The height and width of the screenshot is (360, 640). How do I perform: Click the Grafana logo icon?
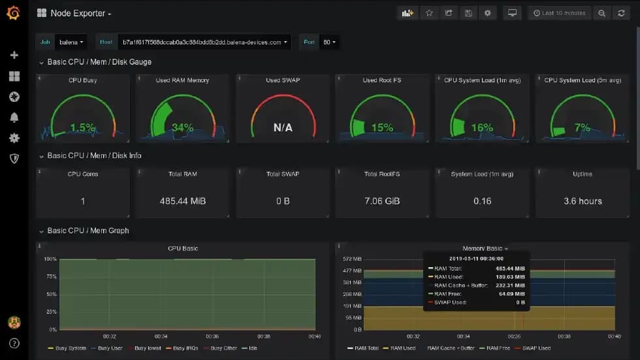click(13, 13)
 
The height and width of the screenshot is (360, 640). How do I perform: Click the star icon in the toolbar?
click(429, 13)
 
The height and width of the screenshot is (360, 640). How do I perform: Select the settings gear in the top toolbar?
click(487, 13)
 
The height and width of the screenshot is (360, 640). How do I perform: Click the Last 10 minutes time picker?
click(559, 13)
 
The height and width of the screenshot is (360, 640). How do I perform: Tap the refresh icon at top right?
click(621, 13)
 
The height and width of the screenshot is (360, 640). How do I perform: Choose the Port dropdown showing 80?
click(329, 42)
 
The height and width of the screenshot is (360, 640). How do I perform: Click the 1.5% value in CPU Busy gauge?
click(83, 127)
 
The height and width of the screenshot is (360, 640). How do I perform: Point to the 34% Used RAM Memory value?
click(183, 127)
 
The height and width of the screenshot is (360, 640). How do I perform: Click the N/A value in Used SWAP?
click(283, 128)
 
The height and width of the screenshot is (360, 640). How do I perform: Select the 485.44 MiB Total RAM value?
click(183, 201)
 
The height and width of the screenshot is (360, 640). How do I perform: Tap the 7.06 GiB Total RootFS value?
click(382, 201)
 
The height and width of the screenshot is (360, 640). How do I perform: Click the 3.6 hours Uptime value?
click(583, 201)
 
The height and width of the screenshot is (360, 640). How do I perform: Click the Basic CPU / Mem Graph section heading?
click(88, 231)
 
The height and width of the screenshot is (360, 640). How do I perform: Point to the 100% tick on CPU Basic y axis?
click(50, 259)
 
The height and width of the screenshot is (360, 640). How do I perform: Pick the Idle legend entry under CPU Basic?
click(252, 348)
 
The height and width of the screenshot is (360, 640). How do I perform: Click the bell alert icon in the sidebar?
click(14, 118)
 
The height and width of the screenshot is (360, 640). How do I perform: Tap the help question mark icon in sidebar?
click(14, 343)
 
